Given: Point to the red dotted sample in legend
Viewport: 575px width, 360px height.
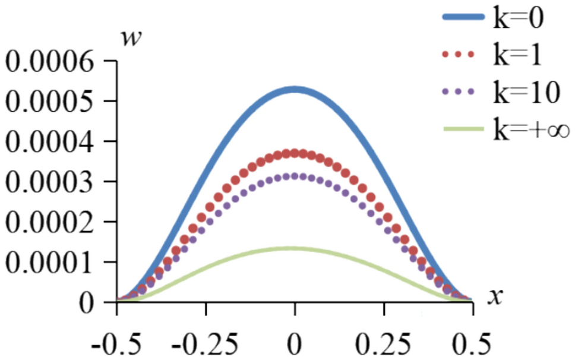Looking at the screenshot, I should tap(459, 55).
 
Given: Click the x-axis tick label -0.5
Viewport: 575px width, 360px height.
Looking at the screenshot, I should tap(116, 343).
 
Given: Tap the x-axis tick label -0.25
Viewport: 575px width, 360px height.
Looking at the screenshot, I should tap(205, 343).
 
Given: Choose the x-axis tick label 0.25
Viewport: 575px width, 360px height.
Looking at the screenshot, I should tap(384, 343).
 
